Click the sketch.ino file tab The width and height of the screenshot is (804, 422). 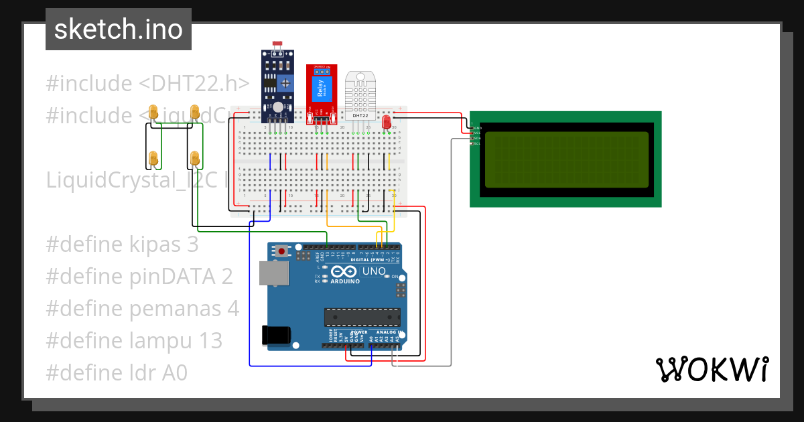tap(119, 29)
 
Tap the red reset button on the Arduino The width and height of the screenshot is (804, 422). tap(283, 251)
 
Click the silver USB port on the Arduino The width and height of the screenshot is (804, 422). tap(274, 273)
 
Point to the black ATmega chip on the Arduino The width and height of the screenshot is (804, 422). tap(362, 317)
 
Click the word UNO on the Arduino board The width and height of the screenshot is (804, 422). tap(374, 271)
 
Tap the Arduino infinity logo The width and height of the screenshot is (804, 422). tap(345, 272)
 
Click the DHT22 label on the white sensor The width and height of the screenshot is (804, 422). tap(360, 115)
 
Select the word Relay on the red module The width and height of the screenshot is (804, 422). tap(320, 87)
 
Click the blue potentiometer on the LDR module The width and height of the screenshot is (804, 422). tap(286, 83)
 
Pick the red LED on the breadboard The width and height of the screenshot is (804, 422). tap(386, 122)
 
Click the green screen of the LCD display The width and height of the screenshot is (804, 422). tap(566, 159)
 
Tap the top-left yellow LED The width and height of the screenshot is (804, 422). tap(153, 112)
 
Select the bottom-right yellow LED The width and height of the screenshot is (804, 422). tap(194, 158)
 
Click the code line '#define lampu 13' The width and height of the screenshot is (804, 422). tap(134, 340)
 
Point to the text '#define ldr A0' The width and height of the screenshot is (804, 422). tap(117, 372)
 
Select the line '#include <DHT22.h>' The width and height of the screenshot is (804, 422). tap(147, 84)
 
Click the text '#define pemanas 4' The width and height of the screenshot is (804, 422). tap(142, 308)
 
